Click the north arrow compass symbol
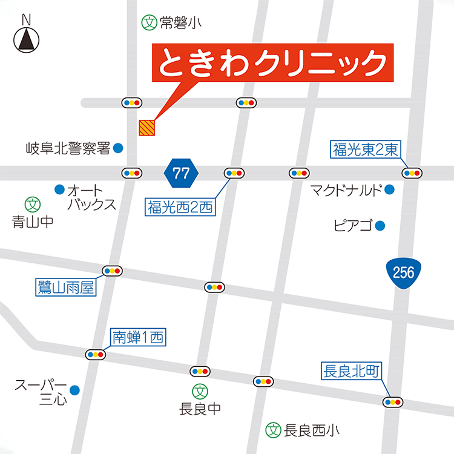26,38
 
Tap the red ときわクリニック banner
272,62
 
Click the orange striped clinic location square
147,128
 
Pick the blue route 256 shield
403,274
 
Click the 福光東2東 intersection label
366,148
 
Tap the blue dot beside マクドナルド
389,190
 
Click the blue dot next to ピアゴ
380,226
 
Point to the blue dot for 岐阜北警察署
118,147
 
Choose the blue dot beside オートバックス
59,189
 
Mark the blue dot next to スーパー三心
74,390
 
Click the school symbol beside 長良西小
274,430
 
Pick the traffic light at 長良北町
393,401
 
